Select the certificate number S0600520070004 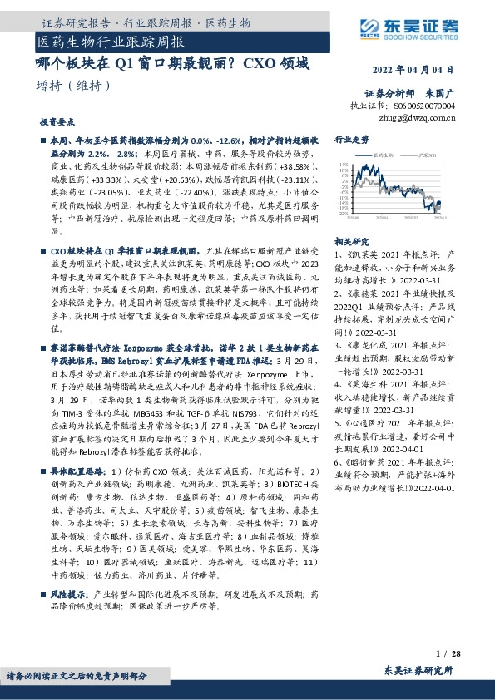pos(425,106)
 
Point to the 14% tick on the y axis pos(344,165)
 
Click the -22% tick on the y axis pos(344,213)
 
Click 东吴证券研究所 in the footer pos(418,670)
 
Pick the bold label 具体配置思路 pos(77,470)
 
